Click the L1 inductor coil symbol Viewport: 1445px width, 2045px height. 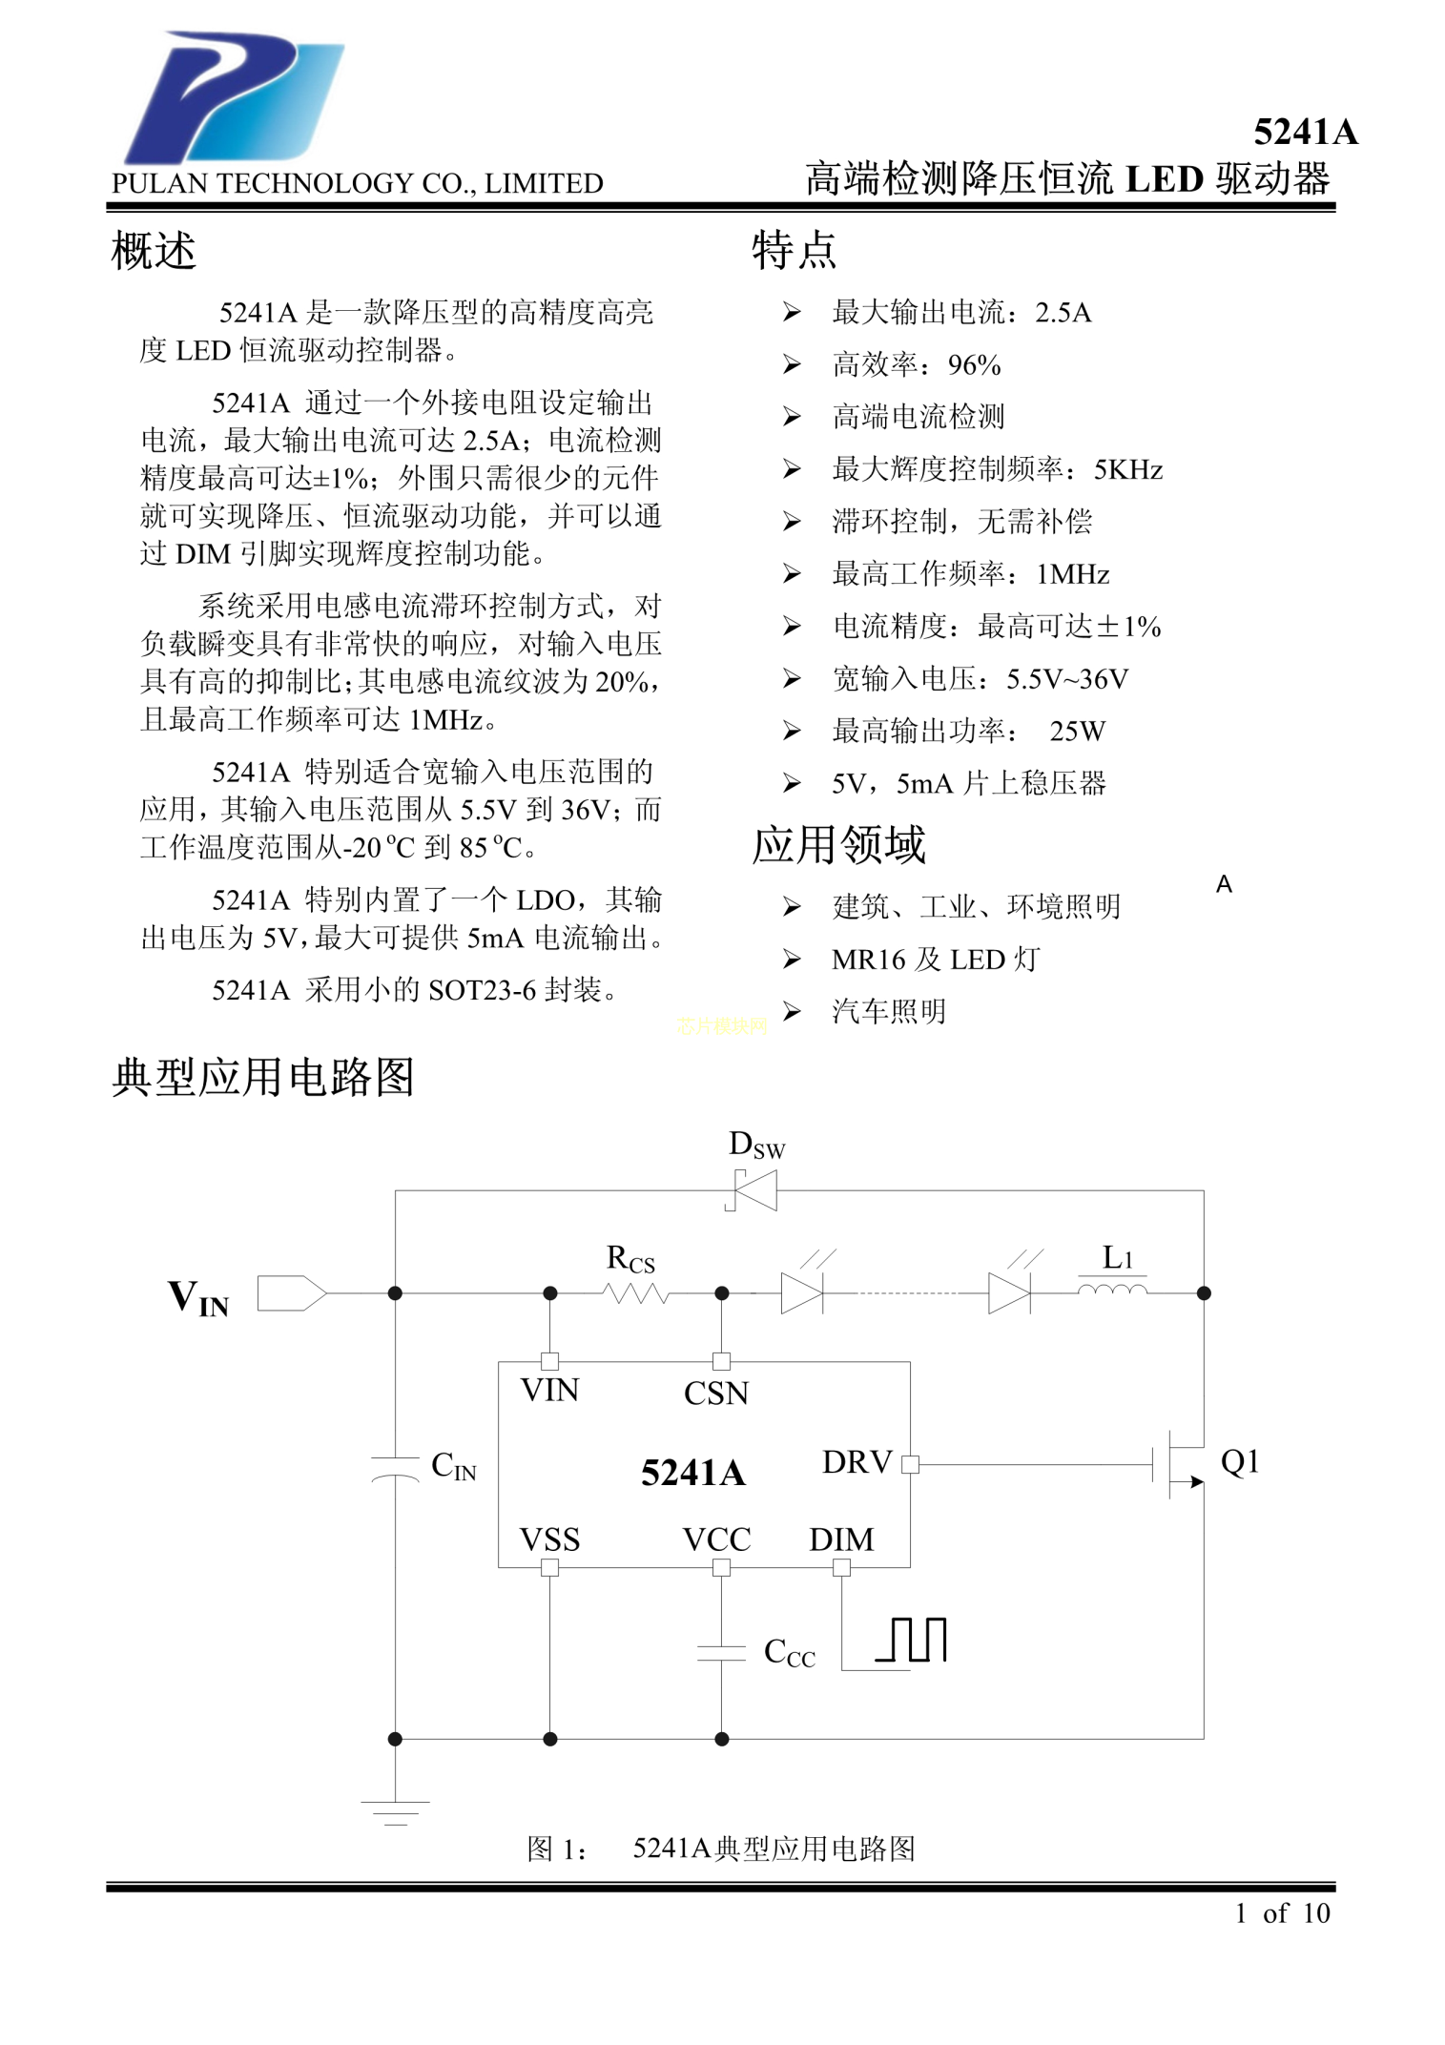pyautogui.click(x=1112, y=1291)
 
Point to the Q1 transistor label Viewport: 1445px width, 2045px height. pyautogui.click(x=1240, y=1461)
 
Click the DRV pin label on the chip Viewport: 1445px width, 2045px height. pyautogui.click(x=857, y=1462)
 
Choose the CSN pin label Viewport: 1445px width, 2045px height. pyautogui.click(x=716, y=1394)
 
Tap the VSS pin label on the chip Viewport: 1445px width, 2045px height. pyautogui.click(x=549, y=1539)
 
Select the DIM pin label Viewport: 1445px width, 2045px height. pyautogui.click(x=841, y=1539)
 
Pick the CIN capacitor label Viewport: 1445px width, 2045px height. pyautogui.click(x=453, y=1465)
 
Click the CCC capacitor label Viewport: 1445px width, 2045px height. pyautogui.click(x=789, y=1652)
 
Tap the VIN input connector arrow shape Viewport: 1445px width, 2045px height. pyautogui.click(x=292, y=1293)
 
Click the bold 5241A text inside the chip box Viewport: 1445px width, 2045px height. pyautogui.click(x=692, y=1473)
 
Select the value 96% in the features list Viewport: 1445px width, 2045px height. pyautogui.click(x=974, y=364)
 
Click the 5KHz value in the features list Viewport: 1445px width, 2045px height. pyautogui.click(x=1127, y=469)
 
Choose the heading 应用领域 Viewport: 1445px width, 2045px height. pyautogui.click(x=838, y=845)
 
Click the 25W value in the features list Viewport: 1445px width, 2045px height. pyautogui.click(x=1077, y=731)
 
